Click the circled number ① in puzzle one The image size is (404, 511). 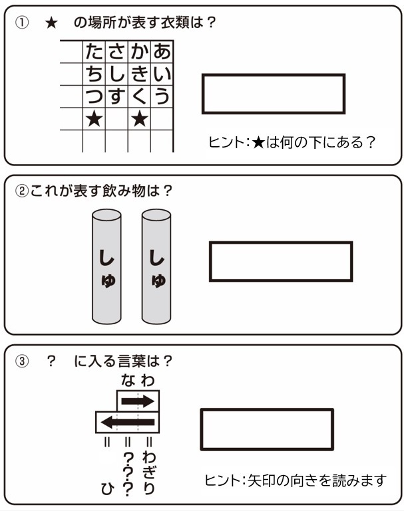pyautogui.click(x=22, y=23)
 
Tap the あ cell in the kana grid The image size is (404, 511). pyautogui.click(x=162, y=51)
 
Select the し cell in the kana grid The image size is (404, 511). pyautogui.click(x=117, y=74)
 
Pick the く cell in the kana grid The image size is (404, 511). pyautogui.click(x=139, y=96)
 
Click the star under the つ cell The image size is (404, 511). pyautogui.click(x=95, y=119)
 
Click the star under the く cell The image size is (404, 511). pyautogui.click(x=140, y=119)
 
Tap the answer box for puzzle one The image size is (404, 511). pyautogui.click(x=274, y=94)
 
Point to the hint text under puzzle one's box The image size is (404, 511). pyautogui.click(x=292, y=143)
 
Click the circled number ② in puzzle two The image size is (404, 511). pyautogui.click(x=22, y=191)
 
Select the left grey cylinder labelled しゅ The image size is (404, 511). pyautogui.click(x=106, y=266)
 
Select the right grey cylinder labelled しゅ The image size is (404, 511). pyautogui.click(x=156, y=266)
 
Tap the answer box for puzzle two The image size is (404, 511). pyautogui.click(x=281, y=261)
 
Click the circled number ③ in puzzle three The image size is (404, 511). pyautogui.click(x=22, y=361)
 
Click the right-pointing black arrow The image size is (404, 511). pyautogui.click(x=138, y=401)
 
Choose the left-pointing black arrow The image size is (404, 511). pyautogui.click(x=128, y=423)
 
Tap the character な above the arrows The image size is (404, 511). pyautogui.click(x=128, y=380)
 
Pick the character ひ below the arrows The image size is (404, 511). pyautogui.click(x=107, y=489)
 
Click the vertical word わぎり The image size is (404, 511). pyautogui.click(x=149, y=473)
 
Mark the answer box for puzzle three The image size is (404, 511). pyautogui.click(x=267, y=429)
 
